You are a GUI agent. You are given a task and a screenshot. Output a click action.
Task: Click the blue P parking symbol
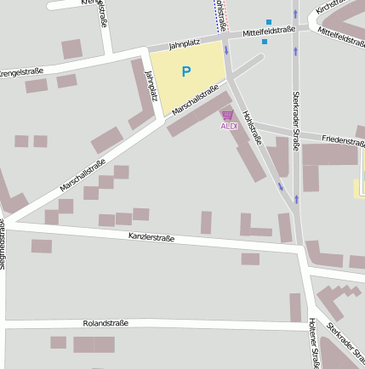click(x=186, y=72)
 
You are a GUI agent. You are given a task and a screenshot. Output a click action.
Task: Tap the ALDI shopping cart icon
click(x=227, y=115)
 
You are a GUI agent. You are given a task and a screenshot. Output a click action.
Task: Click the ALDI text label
click(x=229, y=126)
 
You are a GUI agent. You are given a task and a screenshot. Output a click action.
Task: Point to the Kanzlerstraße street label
click(x=151, y=237)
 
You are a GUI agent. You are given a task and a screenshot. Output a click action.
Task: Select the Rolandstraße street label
click(x=106, y=323)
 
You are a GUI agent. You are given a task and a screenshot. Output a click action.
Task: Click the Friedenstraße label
click(x=344, y=140)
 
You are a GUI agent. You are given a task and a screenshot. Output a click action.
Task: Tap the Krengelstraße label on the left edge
click(x=22, y=71)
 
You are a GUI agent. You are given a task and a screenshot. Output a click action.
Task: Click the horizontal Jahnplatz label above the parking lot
click(x=184, y=43)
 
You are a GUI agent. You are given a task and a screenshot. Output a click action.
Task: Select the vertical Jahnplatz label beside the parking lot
click(x=151, y=86)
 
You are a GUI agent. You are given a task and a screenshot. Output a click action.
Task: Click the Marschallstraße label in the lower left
click(x=83, y=174)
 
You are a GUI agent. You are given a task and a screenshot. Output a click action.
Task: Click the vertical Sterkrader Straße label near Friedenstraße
click(x=296, y=121)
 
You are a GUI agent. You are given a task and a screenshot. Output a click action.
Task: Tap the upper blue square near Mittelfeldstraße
click(x=270, y=22)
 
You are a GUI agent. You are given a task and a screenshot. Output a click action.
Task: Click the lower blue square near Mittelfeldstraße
click(x=265, y=41)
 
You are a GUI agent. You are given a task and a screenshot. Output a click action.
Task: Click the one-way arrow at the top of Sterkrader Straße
click(x=296, y=14)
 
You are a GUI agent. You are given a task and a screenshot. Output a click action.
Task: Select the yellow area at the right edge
click(x=361, y=174)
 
